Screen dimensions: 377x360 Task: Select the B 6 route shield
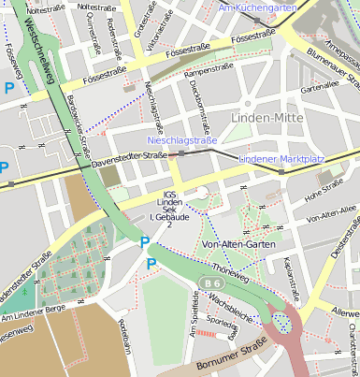212,283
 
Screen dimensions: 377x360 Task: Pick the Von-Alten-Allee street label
332,216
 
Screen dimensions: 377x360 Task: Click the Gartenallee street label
319,85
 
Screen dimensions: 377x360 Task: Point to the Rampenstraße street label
208,71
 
